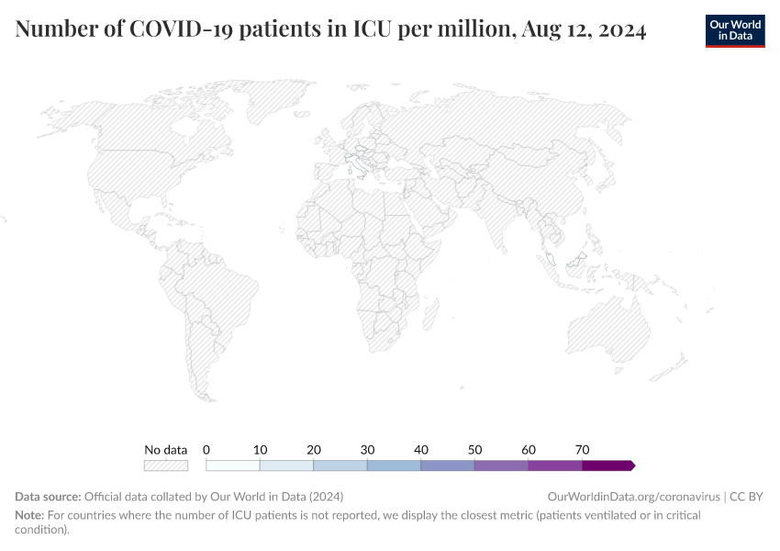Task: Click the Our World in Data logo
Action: coord(734,30)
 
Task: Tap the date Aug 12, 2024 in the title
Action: coord(583,30)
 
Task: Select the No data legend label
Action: coord(166,450)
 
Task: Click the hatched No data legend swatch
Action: coord(166,466)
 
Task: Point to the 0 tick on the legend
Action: coord(206,450)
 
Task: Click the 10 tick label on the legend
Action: coord(260,450)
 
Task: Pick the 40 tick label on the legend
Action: coord(421,450)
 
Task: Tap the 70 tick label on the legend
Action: coord(582,450)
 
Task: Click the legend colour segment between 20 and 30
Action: coord(340,466)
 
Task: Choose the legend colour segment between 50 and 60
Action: coord(501,466)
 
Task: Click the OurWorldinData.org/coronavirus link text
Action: coord(633,497)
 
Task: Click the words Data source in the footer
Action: coord(47,497)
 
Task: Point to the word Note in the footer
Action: coord(28,515)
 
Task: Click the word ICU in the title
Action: coord(375,30)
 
